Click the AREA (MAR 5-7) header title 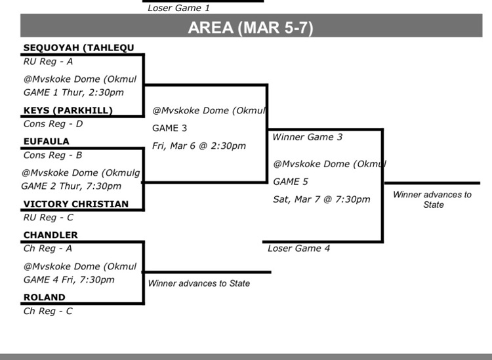(251, 28)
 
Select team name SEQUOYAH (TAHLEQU (79, 48)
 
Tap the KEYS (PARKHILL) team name (68, 110)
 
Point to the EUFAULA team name (46, 141)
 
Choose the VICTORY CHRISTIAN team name (76, 204)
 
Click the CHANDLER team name (51, 235)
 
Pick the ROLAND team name (45, 297)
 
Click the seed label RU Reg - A (48, 62)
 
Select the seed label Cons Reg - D (52, 123)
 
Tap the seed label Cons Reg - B (52, 155)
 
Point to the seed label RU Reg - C (49, 217)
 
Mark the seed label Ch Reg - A (48, 249)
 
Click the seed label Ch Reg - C (48, 311)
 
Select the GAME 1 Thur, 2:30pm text (73, 92)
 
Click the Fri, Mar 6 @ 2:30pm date (199, 146)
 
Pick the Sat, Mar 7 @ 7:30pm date (321, 199)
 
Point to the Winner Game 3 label (307, 137)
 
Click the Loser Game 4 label (299, 249)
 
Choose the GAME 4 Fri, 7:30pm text (69, 280)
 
